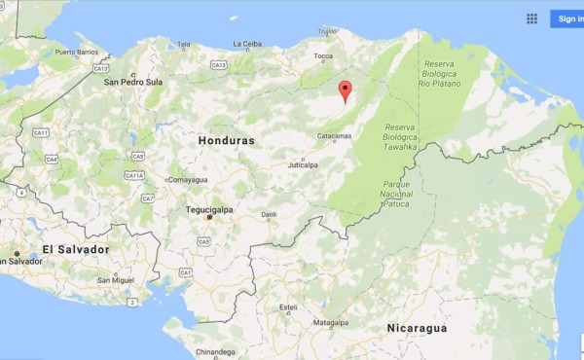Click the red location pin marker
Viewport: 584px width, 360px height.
(344, 91)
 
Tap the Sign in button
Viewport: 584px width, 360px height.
(567, 18)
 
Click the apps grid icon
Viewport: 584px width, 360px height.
(531, 18)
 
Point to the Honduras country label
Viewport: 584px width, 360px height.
(226, 141)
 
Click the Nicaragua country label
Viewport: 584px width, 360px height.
(417, 329)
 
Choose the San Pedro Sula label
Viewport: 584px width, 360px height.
(133, 82)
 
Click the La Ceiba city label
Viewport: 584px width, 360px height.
(247, 44)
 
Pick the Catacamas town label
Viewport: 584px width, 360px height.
(334, 137)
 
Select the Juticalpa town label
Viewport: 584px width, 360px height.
(302, 165)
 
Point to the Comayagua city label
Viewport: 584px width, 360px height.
(187, 180)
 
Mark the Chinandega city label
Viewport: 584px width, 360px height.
(215, 351)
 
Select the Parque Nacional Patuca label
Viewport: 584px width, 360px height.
(397, 194)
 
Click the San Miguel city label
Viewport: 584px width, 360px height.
(115, 280)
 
